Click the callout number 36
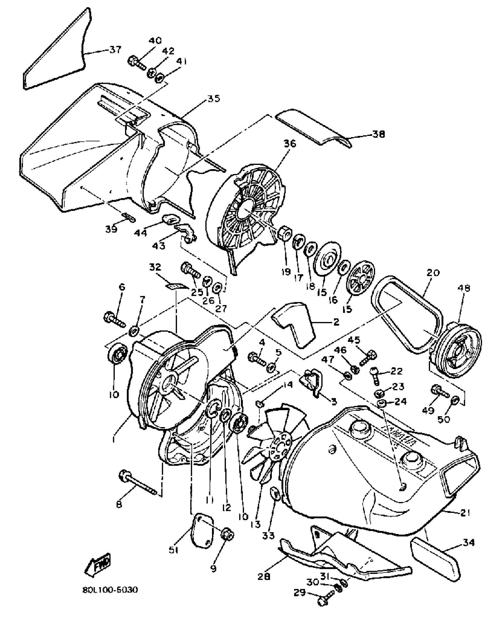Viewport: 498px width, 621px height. coord(290,144)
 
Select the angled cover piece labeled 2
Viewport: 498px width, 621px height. coord(296,324)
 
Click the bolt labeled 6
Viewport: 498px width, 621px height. coord(114,319)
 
